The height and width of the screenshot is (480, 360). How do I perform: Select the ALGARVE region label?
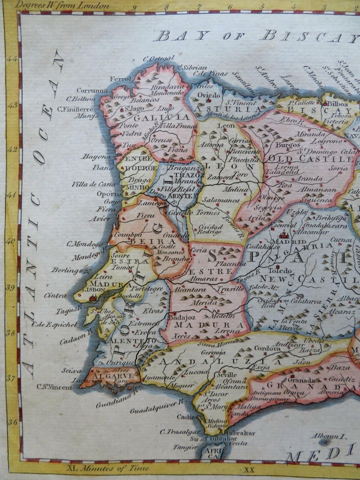click(x=114, y=376)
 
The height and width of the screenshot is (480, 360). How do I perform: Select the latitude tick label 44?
click(x=12, y=59)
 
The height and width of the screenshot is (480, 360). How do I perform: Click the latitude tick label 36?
click(x=12, y=422)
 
